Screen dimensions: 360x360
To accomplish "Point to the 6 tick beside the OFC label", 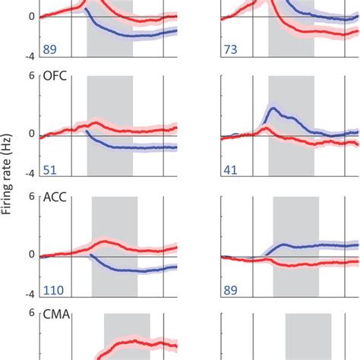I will (33, 77).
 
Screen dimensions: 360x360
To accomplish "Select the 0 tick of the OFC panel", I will (33, 134).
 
